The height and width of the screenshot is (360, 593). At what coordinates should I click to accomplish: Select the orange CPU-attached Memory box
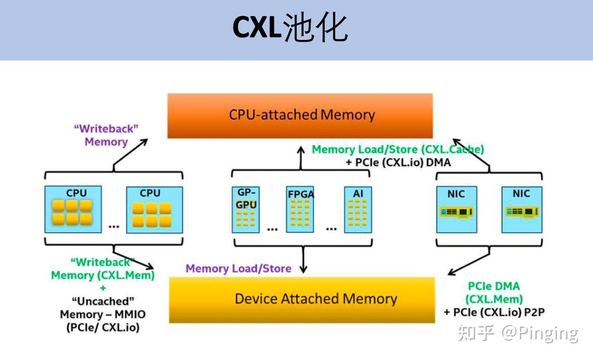[300, 115]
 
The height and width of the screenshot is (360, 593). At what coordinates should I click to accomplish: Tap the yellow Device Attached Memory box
[302, 299]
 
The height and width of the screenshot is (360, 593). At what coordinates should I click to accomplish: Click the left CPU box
[73, 209]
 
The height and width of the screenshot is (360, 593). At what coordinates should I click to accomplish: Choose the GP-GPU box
[246, 210]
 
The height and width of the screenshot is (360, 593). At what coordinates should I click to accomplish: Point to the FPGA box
[300, 209]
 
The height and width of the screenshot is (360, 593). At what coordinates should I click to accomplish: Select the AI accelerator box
[358, 210]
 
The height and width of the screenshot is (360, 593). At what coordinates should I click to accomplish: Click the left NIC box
[456, 209]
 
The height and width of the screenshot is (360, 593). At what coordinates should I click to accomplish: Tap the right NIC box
[521, 209]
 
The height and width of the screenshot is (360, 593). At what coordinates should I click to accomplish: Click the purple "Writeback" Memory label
[106, 135]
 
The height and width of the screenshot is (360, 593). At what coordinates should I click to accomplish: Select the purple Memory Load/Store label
[238, 269]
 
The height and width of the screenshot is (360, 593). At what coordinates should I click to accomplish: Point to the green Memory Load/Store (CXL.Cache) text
[397, 149]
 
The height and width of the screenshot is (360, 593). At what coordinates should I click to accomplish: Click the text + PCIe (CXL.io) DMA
[398, 162]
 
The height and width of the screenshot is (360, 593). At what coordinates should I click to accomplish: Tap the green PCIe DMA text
[493, 286]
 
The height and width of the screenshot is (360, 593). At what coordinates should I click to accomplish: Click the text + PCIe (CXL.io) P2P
[494, 312]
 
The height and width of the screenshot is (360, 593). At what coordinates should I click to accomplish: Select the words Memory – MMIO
[103, 314]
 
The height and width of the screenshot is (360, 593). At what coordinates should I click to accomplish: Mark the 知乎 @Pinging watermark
[518, 332]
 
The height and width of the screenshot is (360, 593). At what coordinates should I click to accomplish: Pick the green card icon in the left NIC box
[456, 212]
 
